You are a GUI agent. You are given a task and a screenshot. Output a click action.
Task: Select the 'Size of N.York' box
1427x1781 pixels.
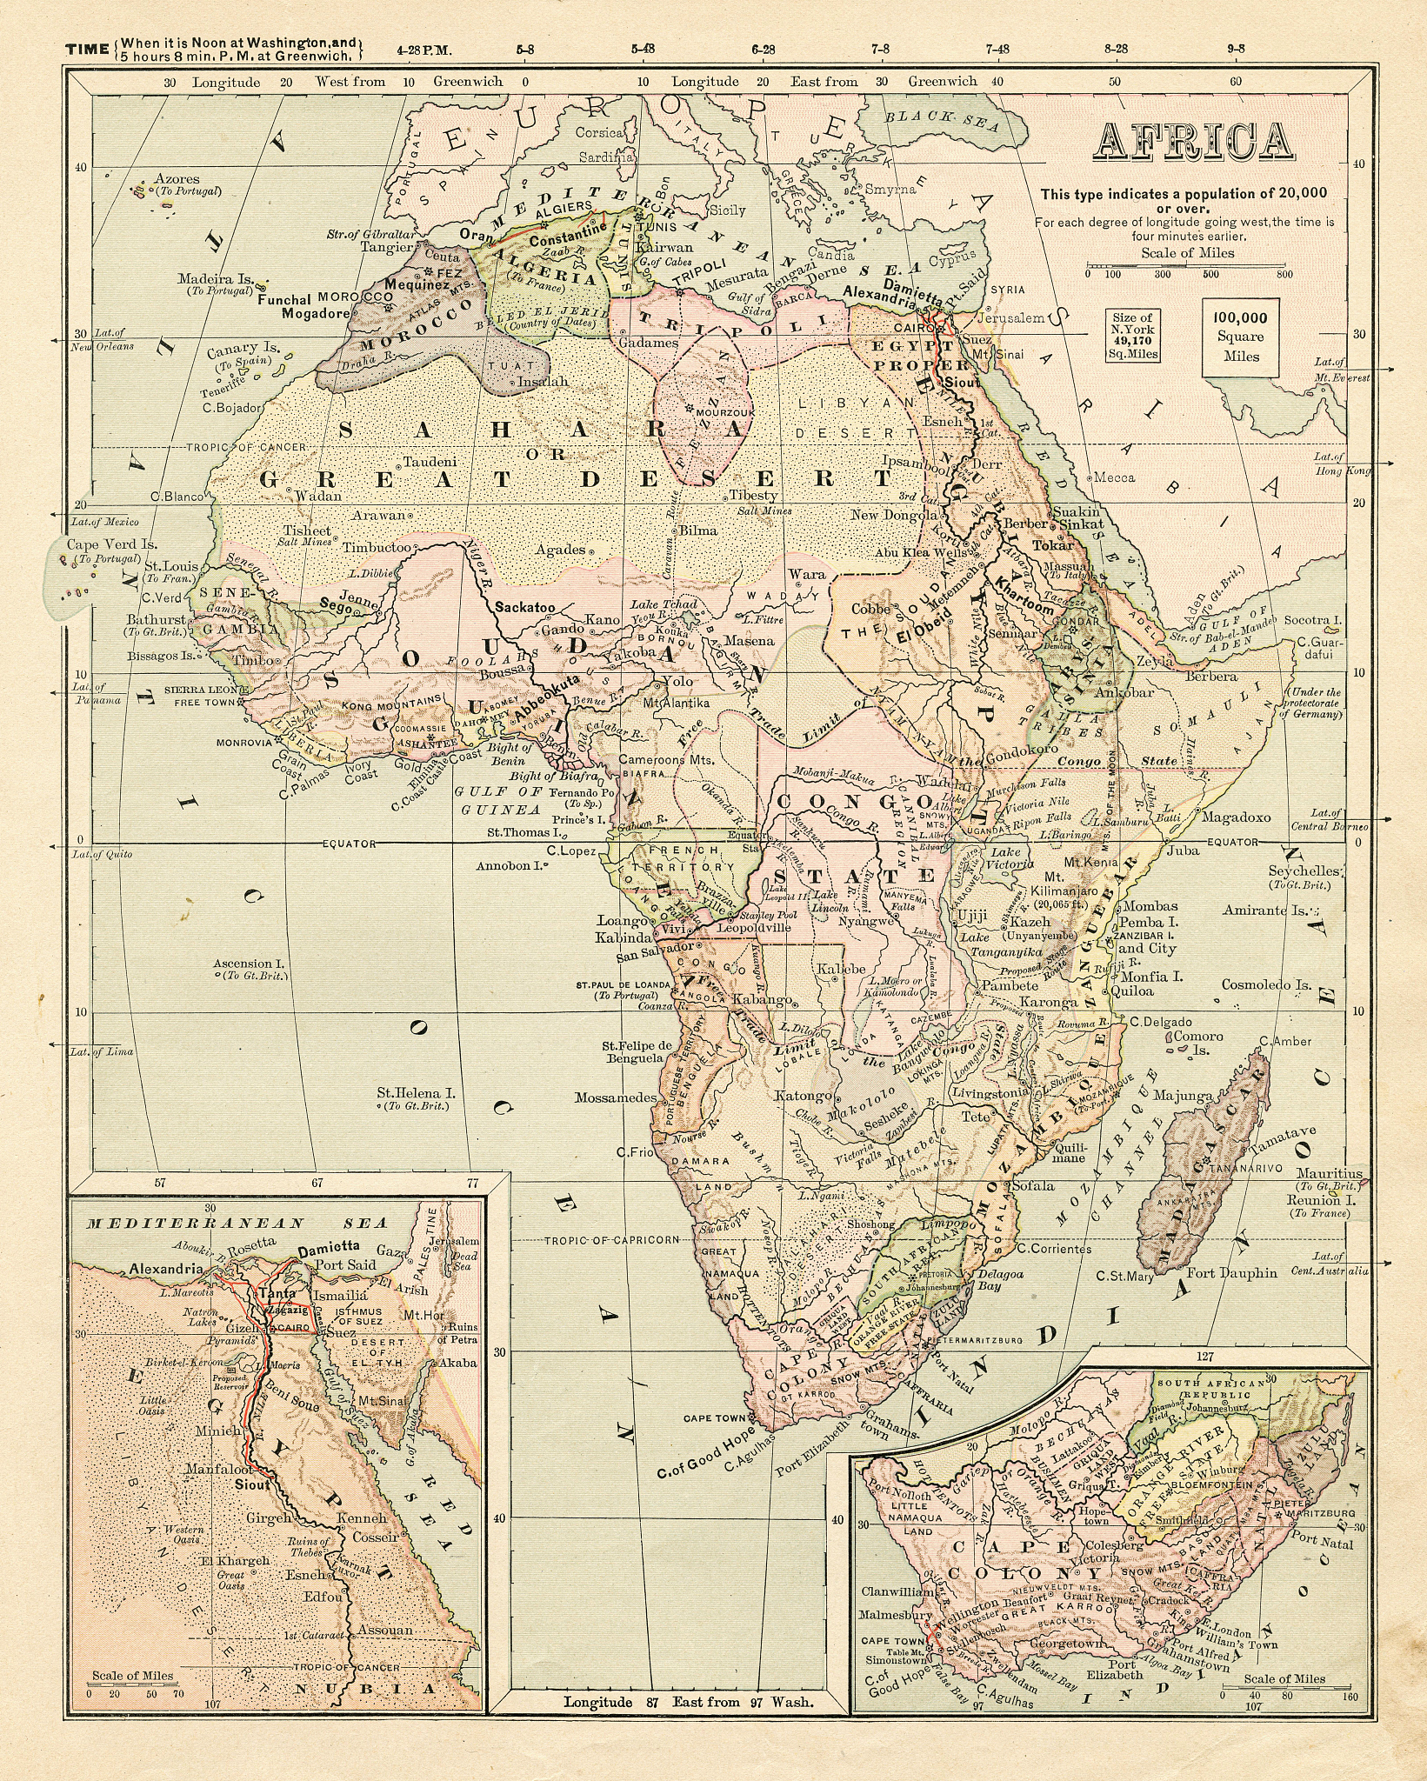tap(1131, 336)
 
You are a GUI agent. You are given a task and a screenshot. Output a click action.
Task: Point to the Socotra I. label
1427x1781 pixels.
tap(1311, 621)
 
